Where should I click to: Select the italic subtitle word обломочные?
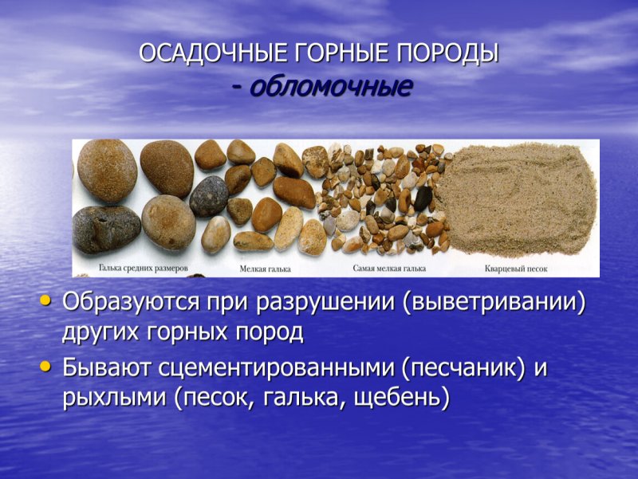(x=331, y=86)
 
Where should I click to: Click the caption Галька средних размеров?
(x=144, y=269)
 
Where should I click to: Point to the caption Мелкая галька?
(x=266, y=269)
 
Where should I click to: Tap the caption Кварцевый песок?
(x=516, y=269)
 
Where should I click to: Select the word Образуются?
(x=129, y=304)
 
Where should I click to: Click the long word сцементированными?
(x=276, y=369)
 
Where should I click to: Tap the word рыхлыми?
(x=113, y=398)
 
